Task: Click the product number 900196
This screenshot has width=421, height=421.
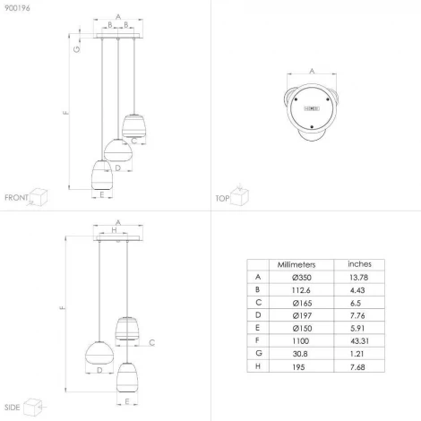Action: click(x=17, y=8)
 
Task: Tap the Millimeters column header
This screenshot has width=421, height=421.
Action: click(x=296, y=264)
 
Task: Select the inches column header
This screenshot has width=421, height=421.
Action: click(x=359, y=264)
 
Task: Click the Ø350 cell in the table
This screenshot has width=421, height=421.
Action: click(x=302, y=278)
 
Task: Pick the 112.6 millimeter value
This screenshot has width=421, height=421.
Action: click(x=301, y=290)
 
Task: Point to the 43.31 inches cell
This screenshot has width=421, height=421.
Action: click(x=359, y=340)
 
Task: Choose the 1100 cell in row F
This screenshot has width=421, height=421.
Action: click(x=300, y=340)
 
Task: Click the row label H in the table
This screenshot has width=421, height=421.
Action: click(x=258, y=366)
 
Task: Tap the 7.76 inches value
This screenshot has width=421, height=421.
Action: click(x=357, y=315)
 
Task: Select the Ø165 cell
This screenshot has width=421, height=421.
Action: click(x=302, y=303)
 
